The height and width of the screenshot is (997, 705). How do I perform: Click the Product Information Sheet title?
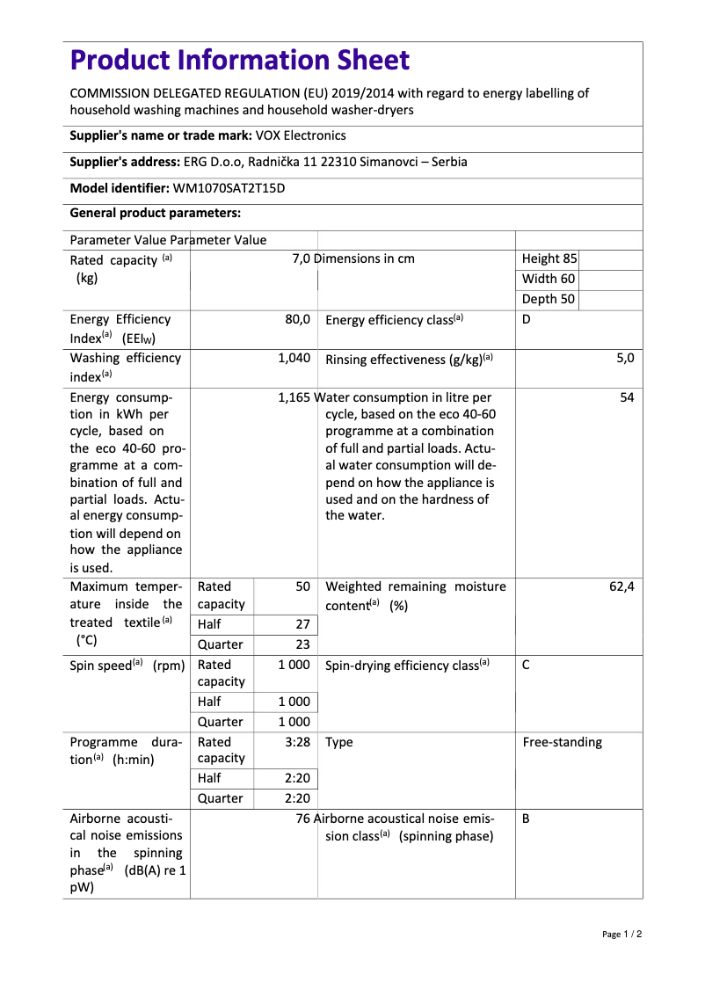(x=239, y=61)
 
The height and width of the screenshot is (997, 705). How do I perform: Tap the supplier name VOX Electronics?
(x=301, y=135)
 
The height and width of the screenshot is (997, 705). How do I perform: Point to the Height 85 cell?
(x=549, y=258)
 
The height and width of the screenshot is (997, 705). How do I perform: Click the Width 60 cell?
(x=548, y=279)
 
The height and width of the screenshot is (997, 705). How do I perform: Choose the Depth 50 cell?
(x=548, y=299)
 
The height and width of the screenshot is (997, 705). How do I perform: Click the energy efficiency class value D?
(x=527, y=319)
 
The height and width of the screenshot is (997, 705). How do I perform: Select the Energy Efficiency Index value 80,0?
(x=297, y=319)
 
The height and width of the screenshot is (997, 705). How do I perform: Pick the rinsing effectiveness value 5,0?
(x=625, y=358)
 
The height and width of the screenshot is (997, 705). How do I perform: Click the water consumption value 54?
(x=627, y=397)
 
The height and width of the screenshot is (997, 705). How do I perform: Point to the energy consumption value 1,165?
(x=294, y=397)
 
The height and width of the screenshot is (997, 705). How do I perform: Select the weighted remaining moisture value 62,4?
(x=621, y=586)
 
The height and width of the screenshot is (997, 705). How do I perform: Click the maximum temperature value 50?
(x=302, y=586)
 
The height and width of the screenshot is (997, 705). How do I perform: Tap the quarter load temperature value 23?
(x=302, y=644)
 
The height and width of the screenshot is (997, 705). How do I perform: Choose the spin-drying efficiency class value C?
(x=526, y=666)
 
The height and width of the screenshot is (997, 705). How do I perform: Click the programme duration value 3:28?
(x=298, y=742)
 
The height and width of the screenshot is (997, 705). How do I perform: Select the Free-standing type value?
(x=563, y=742)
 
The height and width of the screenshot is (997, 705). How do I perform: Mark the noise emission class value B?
(x=526, y=819)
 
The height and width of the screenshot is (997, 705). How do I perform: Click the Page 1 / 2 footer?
(x=621, y=934)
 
